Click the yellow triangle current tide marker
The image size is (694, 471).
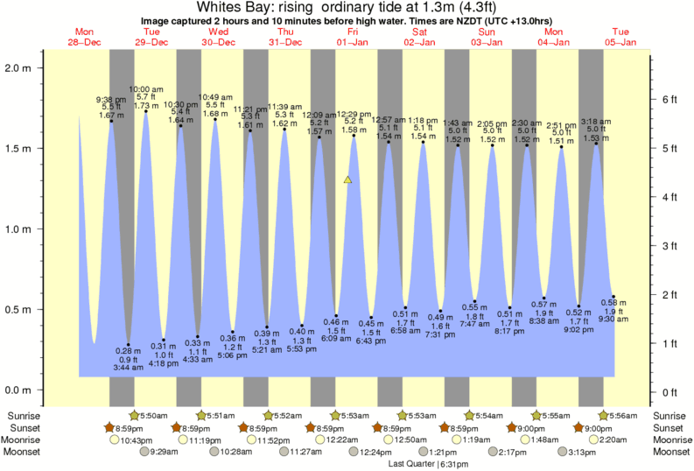click(348, 180)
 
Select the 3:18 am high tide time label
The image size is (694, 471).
click(596, 122)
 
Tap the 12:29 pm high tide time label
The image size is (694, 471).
click(354, 114)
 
